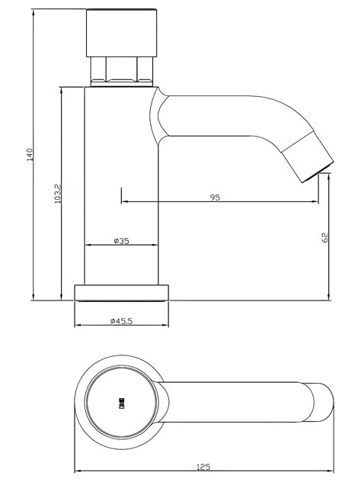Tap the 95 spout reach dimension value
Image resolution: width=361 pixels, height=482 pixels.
point(215,198)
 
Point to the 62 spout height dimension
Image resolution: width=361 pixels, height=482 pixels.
point(325,238)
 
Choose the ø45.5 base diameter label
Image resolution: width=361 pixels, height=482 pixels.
point(121,321)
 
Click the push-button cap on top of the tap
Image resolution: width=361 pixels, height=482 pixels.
point(122,34)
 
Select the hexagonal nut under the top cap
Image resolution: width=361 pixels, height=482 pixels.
point(122,72)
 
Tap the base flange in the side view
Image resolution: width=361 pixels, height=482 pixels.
point(121,293)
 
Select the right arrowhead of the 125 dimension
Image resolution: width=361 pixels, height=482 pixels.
point(329,471)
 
